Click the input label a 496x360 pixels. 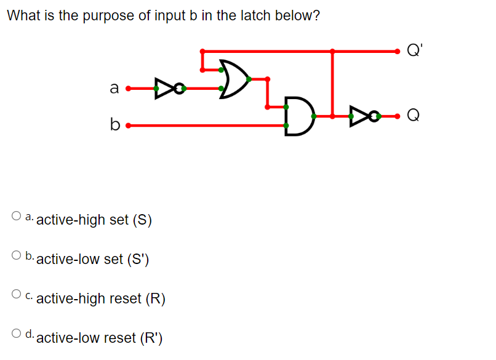coord(113,89)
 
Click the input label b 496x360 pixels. coord(113,126)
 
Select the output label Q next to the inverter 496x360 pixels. coord(415,114)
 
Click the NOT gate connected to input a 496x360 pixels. coord(169,89)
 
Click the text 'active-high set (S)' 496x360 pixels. coord(94,220)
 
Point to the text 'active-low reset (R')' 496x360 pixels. coord(100,338)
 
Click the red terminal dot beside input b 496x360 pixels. coord(127,126)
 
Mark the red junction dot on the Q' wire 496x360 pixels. coord(333,51)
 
